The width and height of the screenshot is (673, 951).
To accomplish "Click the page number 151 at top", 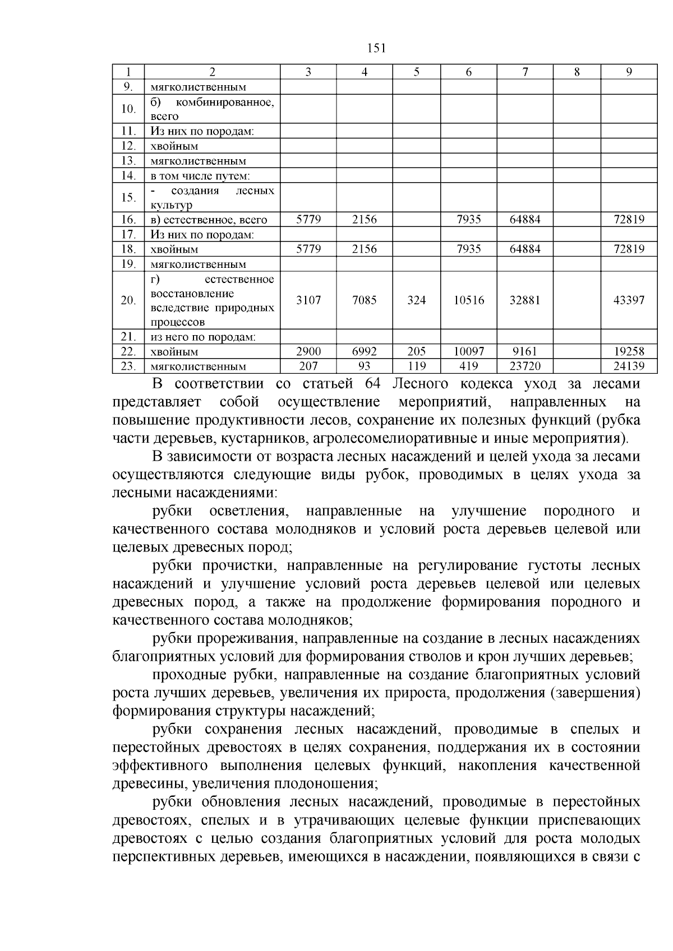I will click(x=376, y=48).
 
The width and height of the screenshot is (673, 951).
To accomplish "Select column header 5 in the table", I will click(x=416, y=72).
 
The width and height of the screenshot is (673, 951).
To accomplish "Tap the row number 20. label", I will click(x=128, y=300).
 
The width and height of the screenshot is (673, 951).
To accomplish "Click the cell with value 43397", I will click(x=629, y=300).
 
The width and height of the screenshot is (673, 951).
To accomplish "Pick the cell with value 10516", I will click(x=468, y=300).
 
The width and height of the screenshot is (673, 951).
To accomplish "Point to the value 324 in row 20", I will click(x=416, y=300).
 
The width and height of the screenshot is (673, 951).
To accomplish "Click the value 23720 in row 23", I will click(x=524, y=367).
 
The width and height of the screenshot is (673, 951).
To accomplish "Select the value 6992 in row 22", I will click(x=364, y=352).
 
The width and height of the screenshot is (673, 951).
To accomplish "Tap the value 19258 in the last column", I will click(x=629, y=352).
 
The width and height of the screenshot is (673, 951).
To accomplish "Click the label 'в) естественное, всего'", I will click(x=209, y=220).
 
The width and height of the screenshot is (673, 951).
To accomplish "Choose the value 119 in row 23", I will click(x=416, y=367).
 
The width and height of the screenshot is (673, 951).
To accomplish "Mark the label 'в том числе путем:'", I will click(x=199, y=176).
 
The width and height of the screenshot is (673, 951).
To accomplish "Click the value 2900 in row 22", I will click(x=308, y=352).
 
